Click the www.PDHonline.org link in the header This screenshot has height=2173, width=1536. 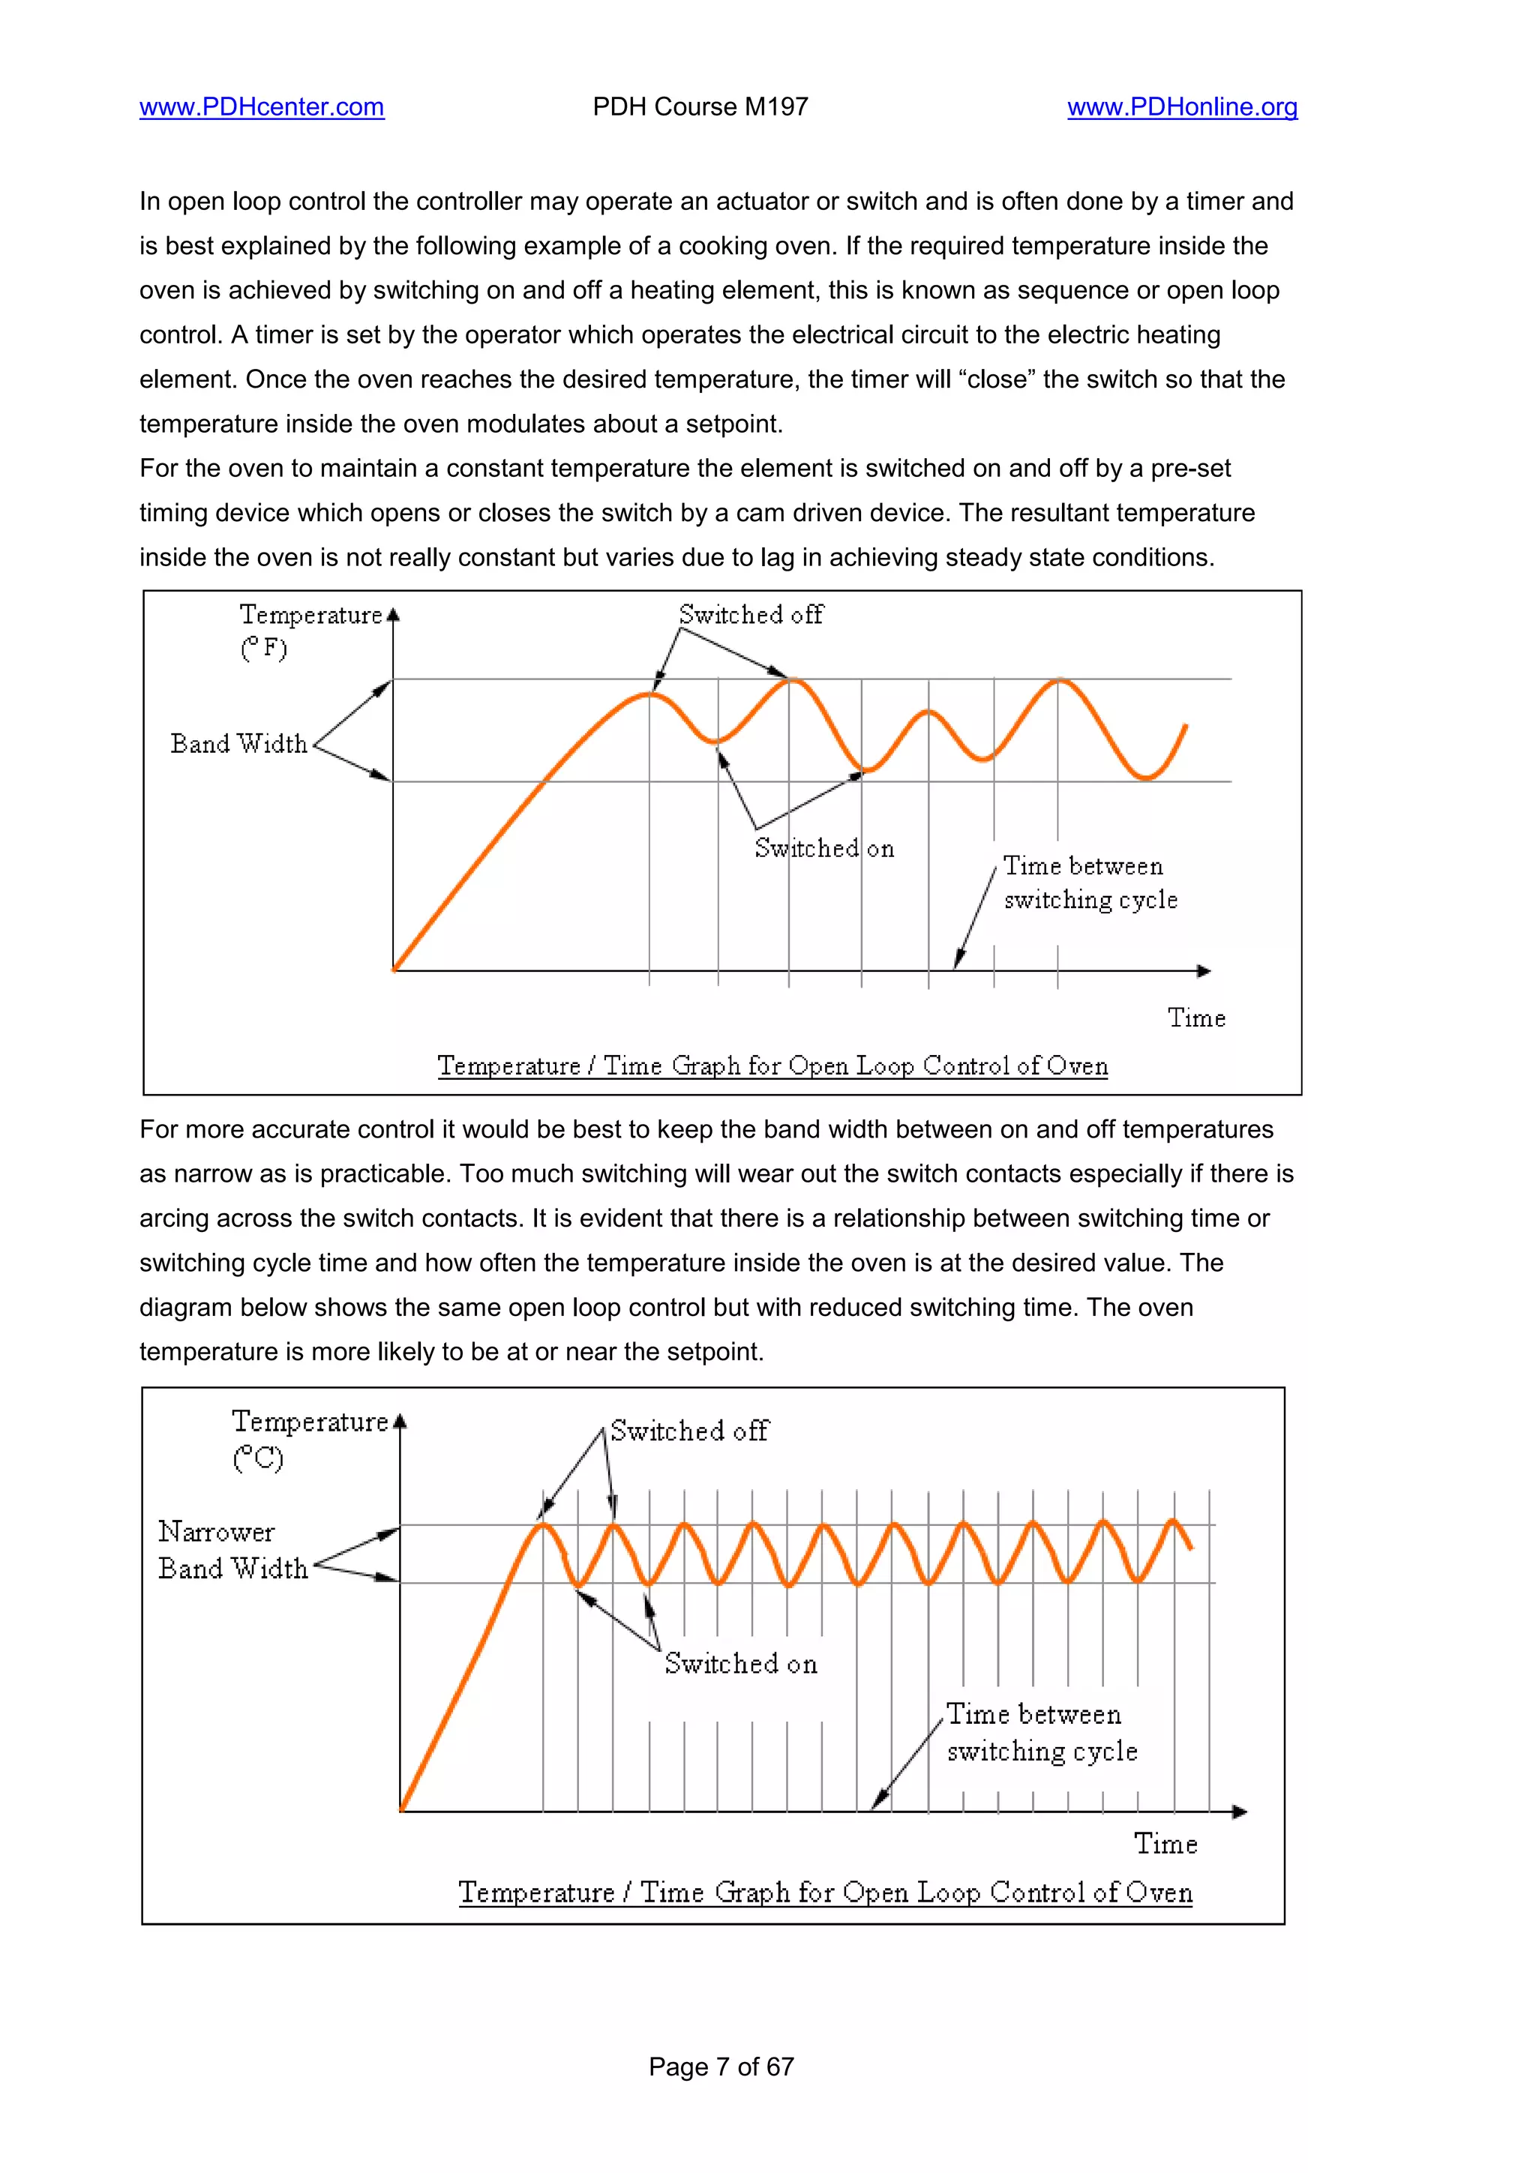(x=1181, y=107)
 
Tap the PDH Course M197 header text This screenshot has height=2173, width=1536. (x=700, y=107)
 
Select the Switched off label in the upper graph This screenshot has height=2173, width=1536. (x=751, y=615)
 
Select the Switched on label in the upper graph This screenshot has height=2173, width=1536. (x=823, y=848)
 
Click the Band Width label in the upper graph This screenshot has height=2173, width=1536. (x=238, y=744)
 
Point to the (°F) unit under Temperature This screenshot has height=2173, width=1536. (x=263, y=649)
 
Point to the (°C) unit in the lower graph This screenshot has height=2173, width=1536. (x=257, y=1458)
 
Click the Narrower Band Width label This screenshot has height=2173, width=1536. (x=232, y=1549)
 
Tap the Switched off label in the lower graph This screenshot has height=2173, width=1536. (x=689, y=1431)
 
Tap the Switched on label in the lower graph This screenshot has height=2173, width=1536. (x=740, y=1664)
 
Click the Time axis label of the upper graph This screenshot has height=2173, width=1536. (x=1195, y=1018)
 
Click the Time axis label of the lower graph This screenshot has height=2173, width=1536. (x=1165, y=1844)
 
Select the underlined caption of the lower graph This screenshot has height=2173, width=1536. (x=824, y=1892)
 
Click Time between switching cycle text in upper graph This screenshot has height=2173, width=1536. (x=1088, y=882)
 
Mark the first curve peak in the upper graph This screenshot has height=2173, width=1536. (x=649, y=694)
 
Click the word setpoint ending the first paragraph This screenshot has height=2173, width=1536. (x=733, y=424)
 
